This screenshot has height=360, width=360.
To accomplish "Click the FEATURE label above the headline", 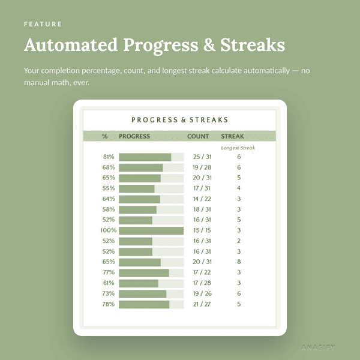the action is pyautogui.click(x=43, y=24).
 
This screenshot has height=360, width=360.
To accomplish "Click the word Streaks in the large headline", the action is pyautogui.click(x=253, y=45).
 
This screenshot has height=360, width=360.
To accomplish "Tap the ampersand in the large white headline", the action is pyautogui.click(x=209, y=45).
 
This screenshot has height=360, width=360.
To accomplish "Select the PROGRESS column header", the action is pyautogui.click(x=134, y=136).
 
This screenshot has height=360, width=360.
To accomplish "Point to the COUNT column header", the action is pyautogui.click(x=198, y=136).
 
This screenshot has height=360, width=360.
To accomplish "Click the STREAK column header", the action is pyautogui.click(x=232, y=136).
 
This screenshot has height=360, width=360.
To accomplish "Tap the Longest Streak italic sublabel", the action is pyautogui.click(x=238, y=148).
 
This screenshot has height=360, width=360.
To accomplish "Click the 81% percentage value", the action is pyautogui.click(x=109, y=157).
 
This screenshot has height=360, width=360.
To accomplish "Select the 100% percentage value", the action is pyautogui.click(x=109, y=230).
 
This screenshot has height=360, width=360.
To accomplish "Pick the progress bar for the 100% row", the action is pyautogui.click(x=151, y=231).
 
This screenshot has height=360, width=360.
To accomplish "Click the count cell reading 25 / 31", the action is pyautogui.click(x=202, y=157).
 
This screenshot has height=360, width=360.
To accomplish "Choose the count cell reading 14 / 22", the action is pyautogui.click(x=202, y=199).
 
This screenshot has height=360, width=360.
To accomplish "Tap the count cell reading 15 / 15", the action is pyautogui.click(x=202, y=230).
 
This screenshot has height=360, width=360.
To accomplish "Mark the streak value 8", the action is pyautogui.click(x=239, y=262).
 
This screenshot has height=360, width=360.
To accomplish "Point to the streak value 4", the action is pyautogui.click(x=239, y=188).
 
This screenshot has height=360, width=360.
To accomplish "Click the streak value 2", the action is pyautogui.click(x=239, y=241).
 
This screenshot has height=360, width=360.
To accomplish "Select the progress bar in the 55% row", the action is pyautogui.click(x=151, y=189).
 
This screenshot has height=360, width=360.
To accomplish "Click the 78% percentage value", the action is pyautogui.click(x=109, y=304).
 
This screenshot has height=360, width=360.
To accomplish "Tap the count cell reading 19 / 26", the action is pyautogui.click(x=202, y=293).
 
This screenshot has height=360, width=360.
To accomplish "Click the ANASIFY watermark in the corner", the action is pyautogui.click(x=318, y=347).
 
